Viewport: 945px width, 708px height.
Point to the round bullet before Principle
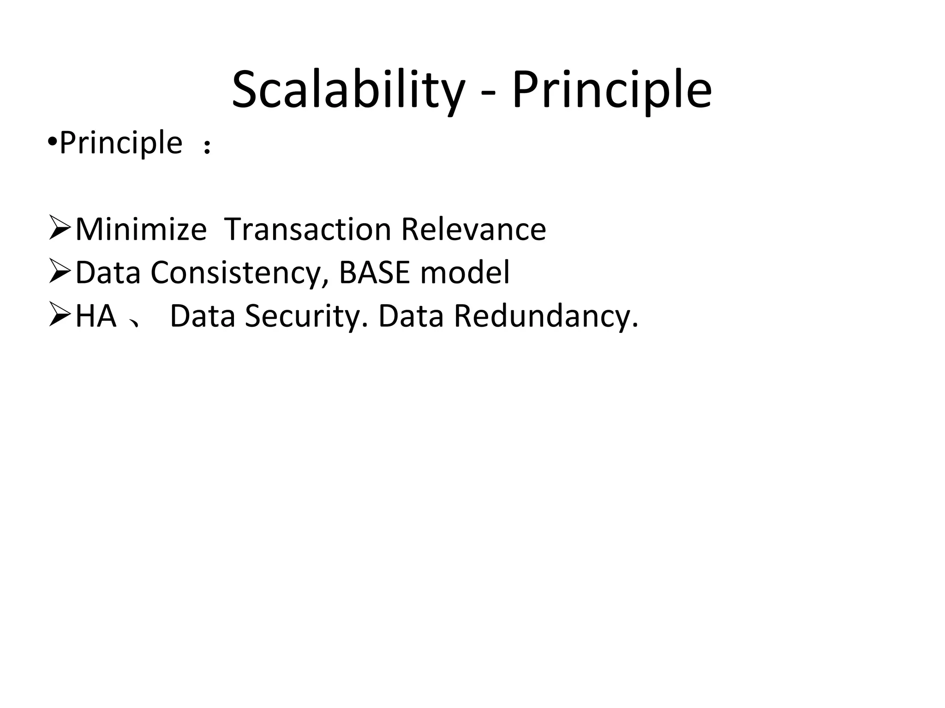[52, 142]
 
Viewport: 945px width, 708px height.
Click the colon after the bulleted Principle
[207, 147]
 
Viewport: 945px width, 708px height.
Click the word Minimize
[141, 229]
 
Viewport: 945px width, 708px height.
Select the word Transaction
[307, 229]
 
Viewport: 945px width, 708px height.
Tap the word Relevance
[473, 229]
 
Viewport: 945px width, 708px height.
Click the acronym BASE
[374, 272]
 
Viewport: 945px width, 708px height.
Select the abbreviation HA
[96, 316]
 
